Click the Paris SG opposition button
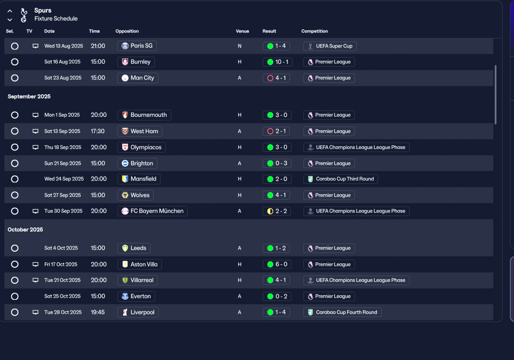pyautogui.click(x=137, y=46)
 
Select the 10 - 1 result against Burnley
pyautogui.click(x=277, y=62)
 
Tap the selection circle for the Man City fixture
pyautogui.click(x=15, y=78)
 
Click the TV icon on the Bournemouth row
pyautogui.click(x=35, y=115)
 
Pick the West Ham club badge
pyautogui.click(x=125, y=131)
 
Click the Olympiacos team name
pyautogui.click(x=146, y=147)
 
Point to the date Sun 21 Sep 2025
pyautogui.click(x=63, y=163)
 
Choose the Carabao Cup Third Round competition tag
pyautogui.click(x=341, y=179)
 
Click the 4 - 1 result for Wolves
pyautogui.click(x=277, y=195)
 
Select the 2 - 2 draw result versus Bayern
pyautogui.click(x=277, y=211)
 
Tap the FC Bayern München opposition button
pyautogui.click(x=153, y=211)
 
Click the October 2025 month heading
pyautogui.click(x=25, y=230)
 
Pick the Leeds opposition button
pyautogui.click(x=134, y=248)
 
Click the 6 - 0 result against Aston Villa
pyautogui.click(x=277, y=264)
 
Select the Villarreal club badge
pyautogui.click(x=125, y=280)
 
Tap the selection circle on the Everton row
pyautogui.click(x=15, y=296)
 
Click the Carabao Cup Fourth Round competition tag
pyautogui.click(x=342, y=312)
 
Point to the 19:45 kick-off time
pyautogui.click(x=98, y=312)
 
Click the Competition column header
pyautogui.click(x=314, y=31)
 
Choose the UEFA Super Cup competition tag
pyautogui.click(x=330, y=46)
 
